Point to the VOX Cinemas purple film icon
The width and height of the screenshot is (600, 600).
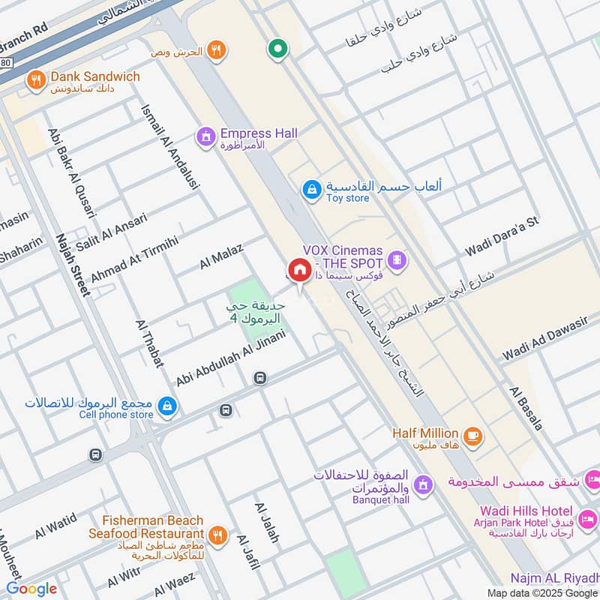click(398, 261)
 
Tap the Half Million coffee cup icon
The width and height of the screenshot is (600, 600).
click(472, 436)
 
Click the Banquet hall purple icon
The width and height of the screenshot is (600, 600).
click(423, 484)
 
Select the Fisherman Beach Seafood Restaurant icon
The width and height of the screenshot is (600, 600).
click(218, 535)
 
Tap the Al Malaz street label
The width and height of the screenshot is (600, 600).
click(221, 256)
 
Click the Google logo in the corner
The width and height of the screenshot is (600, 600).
click(31, 589)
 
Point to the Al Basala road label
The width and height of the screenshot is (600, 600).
click(526, 408)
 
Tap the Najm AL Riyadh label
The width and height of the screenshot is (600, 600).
click(553, 578)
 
